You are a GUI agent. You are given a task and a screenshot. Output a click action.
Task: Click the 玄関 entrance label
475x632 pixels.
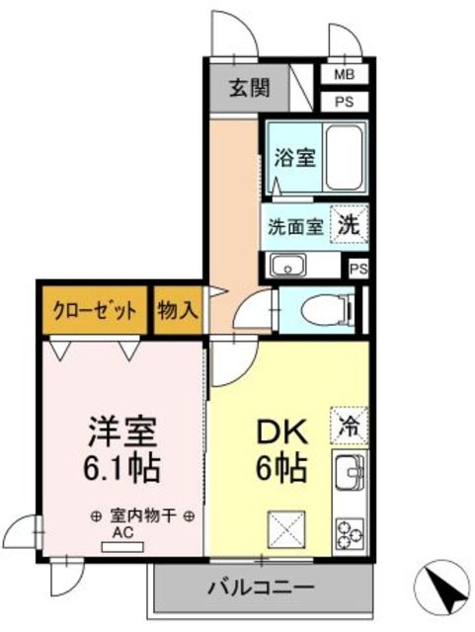(x=249, y=87)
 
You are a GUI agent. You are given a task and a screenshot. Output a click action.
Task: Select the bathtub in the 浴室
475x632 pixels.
(x=345, y=158)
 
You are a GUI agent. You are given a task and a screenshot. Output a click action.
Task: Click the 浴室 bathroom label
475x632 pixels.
(x=295, y=157)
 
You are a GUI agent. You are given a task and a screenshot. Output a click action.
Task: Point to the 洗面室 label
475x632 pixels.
(x=295, y=224)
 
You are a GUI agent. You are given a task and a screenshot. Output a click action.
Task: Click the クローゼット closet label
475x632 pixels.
(x=95, y=308)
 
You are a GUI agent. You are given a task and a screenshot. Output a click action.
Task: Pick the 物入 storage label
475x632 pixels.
(x=178, y=309)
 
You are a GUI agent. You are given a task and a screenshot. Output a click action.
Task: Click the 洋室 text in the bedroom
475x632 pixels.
(x=123, y=433)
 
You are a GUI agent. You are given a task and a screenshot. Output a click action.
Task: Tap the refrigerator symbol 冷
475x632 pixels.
(x=349, y=426)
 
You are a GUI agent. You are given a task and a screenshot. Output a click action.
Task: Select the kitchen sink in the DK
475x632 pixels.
(x=350, y=477)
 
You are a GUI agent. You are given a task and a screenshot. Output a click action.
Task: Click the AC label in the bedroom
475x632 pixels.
(x=123, y=533)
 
